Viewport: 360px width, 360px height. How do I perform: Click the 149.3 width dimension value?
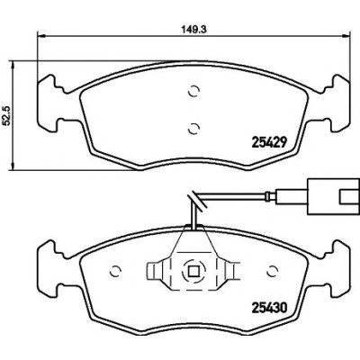point(194,29)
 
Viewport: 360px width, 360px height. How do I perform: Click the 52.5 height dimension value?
point(6,116)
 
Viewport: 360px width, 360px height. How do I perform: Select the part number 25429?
point(268,141)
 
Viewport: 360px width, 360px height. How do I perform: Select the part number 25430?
point(268,307)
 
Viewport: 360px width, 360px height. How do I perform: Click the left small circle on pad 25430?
point(115,271)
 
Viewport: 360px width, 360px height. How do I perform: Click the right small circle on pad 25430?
point(273,271)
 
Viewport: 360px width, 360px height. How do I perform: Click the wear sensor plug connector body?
point(334,196)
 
